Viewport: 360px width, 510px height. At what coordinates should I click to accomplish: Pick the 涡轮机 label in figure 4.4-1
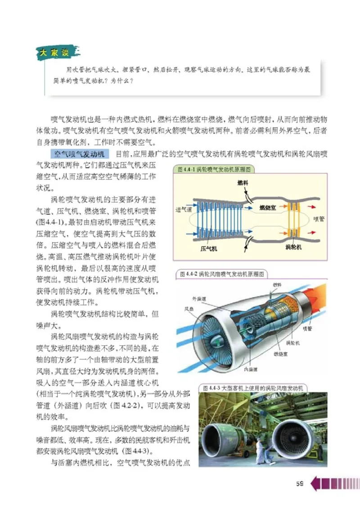click(x=293, y=247)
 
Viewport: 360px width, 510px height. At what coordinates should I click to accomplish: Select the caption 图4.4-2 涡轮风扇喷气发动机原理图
click(x=221, y=273)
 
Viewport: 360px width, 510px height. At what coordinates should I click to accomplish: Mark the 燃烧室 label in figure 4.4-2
click(x=281, y=354)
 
